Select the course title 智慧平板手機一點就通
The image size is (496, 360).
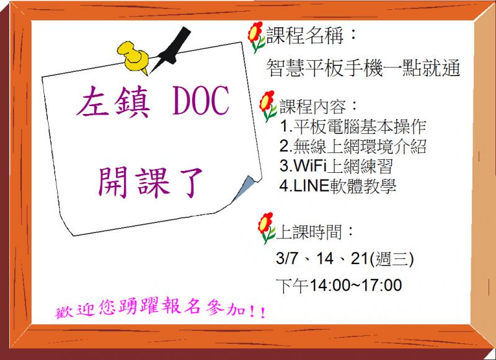363,68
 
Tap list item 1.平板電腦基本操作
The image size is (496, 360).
353,127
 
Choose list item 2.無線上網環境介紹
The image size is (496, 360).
353,147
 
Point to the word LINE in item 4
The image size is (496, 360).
309,186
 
